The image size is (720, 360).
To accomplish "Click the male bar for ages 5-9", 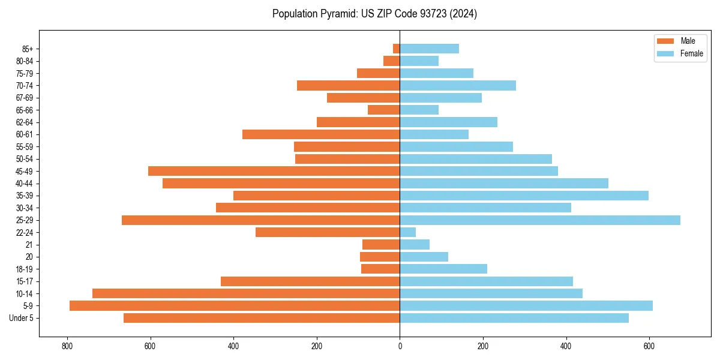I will pyautogui.click(x=235, y=306).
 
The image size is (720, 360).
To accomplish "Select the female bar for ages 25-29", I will pyautogui.click(x=540, y=220).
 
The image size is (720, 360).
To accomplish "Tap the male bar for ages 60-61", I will pyautogui.click(x=321, y=134).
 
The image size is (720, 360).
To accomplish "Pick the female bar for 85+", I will pyautogui.click(x=430, y=49).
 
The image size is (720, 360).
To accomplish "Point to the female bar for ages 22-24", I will pyautogui.click(x=408, y=232).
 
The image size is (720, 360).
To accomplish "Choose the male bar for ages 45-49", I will pyautogui.click(x=274, y=171).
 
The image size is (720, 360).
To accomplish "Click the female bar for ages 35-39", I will pyautogui.click(x=524, y=196).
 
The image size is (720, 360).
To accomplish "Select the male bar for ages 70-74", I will pyautogui.click(x=349, y=85).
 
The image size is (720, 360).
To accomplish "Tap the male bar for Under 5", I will pyautogui.click(x=262, y=318).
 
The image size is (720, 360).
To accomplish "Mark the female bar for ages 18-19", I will pyautogui.click(x=443, y=269).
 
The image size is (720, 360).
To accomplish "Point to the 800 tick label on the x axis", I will pyautogui.click(x=67, y=346).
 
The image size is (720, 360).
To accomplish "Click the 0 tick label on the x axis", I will pyautogui.click(x=400, y=346).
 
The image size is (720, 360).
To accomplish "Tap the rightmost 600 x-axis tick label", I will pyautogui.click(x=649, y=346).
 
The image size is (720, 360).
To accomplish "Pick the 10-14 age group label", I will pyautogui.click(x=25, y=293).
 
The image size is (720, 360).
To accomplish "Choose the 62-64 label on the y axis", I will pyautogui.click(x=25, y=122).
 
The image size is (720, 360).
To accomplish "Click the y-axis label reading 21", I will pyautogui.click(x=29, y=245).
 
